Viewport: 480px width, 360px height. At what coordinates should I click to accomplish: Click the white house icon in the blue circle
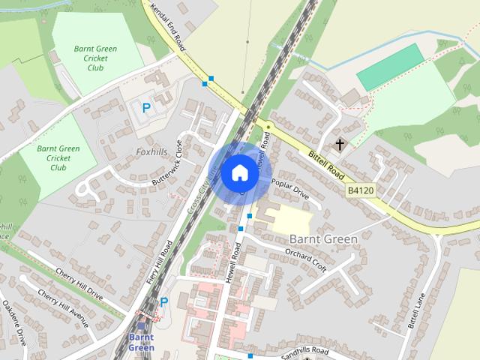[239, 172]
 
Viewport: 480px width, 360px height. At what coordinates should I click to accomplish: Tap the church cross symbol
[340, 143]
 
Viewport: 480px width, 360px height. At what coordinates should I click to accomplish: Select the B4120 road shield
[360, 192]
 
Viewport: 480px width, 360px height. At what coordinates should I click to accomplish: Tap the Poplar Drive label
[290, 187]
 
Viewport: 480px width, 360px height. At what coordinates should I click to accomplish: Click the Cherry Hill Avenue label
[64, 308]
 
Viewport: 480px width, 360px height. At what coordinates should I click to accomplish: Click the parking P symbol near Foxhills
[146, 108]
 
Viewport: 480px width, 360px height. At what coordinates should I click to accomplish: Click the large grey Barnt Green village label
[322, 238]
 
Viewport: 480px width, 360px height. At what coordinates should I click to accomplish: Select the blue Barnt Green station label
[141, 342]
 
